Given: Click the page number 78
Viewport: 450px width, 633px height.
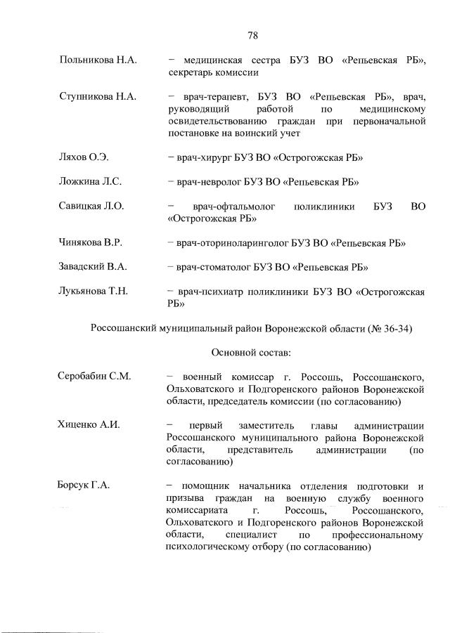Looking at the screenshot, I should [253, 35].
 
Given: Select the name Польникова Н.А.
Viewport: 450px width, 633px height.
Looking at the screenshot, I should [97, 61].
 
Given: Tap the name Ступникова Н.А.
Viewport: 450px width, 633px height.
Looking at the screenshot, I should [97, 96].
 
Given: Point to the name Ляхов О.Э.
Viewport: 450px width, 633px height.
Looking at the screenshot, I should [84, 157].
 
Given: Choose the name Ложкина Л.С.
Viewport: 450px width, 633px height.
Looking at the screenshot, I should [90, 181].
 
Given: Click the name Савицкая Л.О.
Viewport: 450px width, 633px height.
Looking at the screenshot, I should [91, 206].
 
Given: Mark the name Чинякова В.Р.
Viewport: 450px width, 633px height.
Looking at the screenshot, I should [91, 242].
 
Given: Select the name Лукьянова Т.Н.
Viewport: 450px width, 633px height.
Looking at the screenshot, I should [93, 292].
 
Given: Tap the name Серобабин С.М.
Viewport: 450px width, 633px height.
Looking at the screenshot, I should [94, 377].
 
